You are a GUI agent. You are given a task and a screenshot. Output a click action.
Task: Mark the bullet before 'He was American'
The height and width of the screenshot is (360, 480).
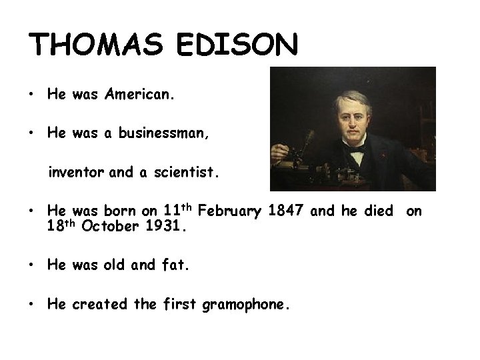click(x=32, y=95)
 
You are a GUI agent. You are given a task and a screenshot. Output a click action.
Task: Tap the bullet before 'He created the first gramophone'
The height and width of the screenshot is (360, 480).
click(x=32, y=305)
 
